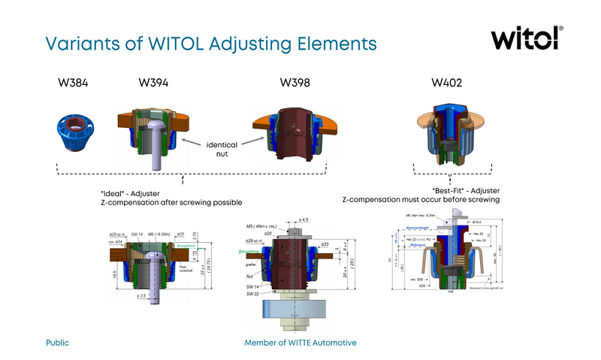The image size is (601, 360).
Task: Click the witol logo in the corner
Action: click(526, 39)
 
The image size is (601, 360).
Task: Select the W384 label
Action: click(73, 82)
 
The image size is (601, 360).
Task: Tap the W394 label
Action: click(154, 82)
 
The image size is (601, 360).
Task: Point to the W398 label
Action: click(295, 82)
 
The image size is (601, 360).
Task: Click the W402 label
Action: click(446, 82)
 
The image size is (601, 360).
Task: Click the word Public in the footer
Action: click(57, 343)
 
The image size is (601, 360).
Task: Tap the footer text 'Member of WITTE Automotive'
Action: click(300, 343)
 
